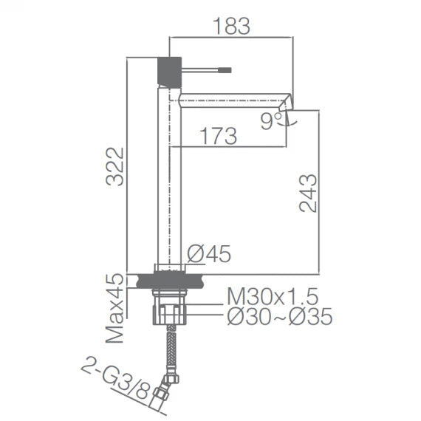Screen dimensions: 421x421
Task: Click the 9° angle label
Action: point(270,122)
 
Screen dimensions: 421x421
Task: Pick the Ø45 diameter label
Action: point(209,254)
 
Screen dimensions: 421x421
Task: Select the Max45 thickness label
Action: point(114,309)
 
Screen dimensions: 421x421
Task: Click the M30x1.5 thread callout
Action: point(271,298)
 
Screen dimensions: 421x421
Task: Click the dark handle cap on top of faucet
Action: point(170,69)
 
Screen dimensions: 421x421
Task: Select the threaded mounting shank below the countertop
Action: point(169,307)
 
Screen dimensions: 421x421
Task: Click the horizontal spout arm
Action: point(229,98)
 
